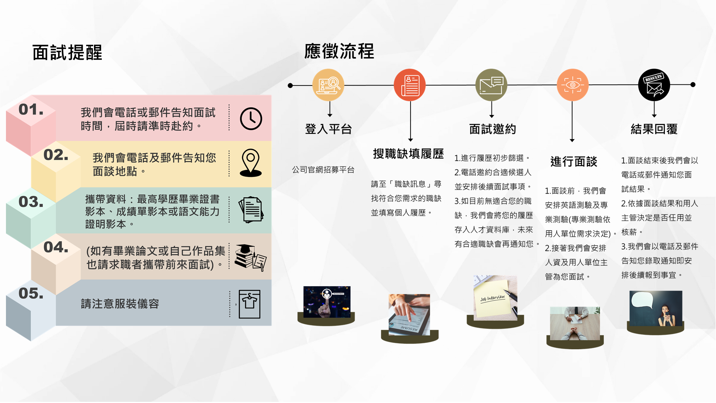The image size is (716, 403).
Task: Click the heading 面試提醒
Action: [67, 53]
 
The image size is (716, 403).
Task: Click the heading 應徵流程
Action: [339, 51]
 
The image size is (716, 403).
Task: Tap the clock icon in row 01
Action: [251, 119]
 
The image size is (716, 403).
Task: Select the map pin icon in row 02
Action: [251, 163]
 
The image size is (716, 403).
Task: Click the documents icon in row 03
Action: [251, 210]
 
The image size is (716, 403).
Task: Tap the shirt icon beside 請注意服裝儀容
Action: [249, 304]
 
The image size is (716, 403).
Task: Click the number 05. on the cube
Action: [31, 294]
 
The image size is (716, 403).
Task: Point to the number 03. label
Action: [31, 202]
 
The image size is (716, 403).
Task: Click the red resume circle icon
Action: [409, 85]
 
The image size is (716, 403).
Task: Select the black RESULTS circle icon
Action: [654, 85]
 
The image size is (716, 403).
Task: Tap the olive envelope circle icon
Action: [491, 85]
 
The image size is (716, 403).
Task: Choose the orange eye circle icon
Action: [572, 85]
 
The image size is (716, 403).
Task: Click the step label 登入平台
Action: [329, 129]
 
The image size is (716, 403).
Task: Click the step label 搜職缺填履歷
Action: [408, 154]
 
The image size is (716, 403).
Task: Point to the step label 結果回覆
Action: [654, 129]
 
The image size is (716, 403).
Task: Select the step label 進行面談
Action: [574, 162]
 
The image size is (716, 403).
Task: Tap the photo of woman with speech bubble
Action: [656, 309]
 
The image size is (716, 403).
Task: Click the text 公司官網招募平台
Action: [323, 170]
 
